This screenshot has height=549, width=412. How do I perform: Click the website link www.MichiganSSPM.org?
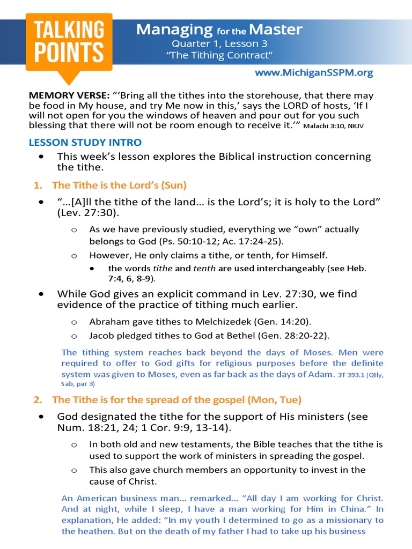(x=313, y=72)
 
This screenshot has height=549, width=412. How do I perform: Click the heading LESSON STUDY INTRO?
(x=85, y=142)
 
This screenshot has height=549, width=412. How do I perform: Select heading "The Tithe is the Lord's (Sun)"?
(x=119, y=185)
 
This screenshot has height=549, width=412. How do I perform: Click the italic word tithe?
(x=161, y=268)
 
